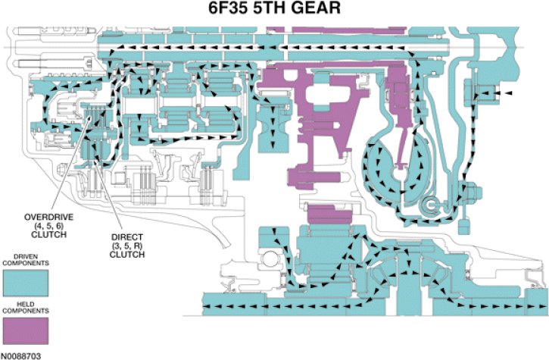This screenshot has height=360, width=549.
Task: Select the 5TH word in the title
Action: coord(270,11)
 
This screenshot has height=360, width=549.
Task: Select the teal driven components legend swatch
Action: coord(26,283)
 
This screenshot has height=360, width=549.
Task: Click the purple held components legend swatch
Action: coord(26,331)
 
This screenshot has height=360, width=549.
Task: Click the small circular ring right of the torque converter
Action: coord(434,203)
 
